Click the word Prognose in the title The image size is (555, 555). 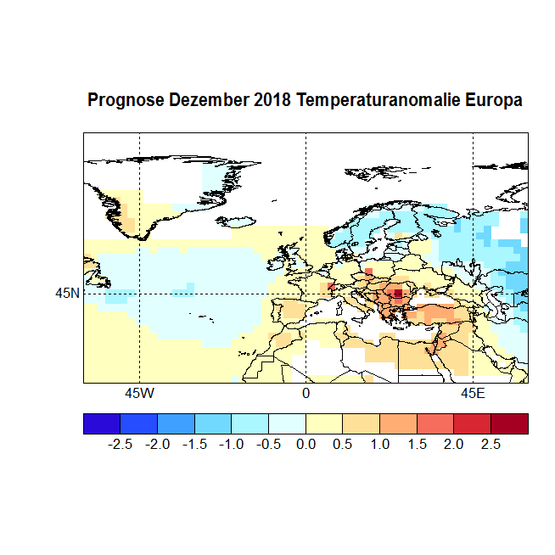tap(126, 101)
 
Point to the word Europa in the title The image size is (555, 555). tap(494, 101)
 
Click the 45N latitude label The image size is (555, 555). tap(67, 294)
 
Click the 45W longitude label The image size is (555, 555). tap(139, 395)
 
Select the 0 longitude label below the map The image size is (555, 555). tap(306, 395)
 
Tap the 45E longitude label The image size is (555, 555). tap(473, 395)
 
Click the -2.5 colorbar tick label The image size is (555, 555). tap(120, 444)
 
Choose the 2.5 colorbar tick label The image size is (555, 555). tap(491, 444)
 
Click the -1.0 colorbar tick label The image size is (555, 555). tap(231, 444)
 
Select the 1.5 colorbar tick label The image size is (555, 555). tap(417, 444)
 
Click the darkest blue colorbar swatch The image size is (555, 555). tap(102, 423)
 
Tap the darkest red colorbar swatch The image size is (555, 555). tap(509, 423)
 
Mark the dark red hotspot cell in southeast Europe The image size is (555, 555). tap(398, 293)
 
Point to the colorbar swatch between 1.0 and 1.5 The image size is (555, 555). tap(398, 423)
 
